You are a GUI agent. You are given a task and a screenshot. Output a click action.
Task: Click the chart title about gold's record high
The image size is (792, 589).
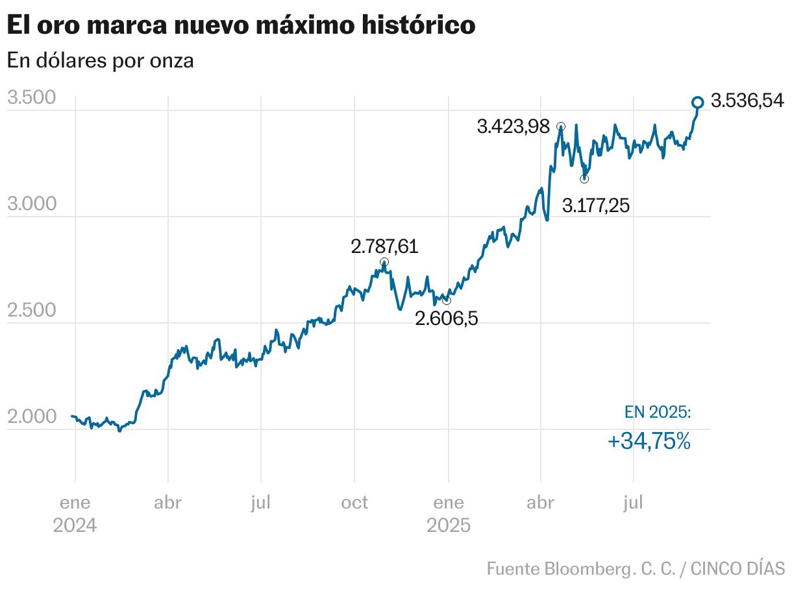pyautogui.click(x=241, y=26)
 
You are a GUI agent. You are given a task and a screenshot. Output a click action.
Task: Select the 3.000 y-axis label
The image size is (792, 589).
pyautogui.click(x=32, y=204)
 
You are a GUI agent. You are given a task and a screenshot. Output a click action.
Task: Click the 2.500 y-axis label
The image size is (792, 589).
pyautogui.click(x=32, y=311)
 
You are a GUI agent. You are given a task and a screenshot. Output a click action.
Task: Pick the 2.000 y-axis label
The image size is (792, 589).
pyautogui.click(x=32, y=417)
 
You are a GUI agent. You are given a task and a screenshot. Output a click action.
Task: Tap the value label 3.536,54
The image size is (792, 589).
pyautogui.click(x=747, y=101)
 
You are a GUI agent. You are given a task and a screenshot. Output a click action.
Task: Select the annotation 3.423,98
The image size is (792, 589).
pyautogui.click(x=513, y=126)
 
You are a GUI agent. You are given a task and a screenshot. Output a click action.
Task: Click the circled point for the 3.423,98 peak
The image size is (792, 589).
pyautogui.click(x=561, y=126)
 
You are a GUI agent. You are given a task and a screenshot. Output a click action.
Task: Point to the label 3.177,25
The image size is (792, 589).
pyautogui.click(x=596, y=206)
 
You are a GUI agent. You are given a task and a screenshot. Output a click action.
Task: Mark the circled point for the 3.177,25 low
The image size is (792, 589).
pyautogui.click(x=584, y=179)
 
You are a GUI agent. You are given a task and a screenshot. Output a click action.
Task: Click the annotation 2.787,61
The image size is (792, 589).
pyautogui.click(x=384, y=246)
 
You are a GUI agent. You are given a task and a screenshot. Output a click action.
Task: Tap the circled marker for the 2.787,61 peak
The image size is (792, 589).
pyautogui.click(x=384, y=262)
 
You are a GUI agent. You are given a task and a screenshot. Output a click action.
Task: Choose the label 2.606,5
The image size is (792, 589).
pyautogui.click(x=446, y=319)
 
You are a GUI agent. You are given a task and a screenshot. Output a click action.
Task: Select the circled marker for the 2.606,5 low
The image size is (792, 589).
pyautogui.click(x=446, y=300)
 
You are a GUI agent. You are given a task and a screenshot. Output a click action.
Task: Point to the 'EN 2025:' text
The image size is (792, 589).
pyautogui.click(x=658, y=412)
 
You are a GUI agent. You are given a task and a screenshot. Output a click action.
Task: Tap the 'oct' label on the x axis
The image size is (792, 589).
pyautogui.click(x=354, y=503)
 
